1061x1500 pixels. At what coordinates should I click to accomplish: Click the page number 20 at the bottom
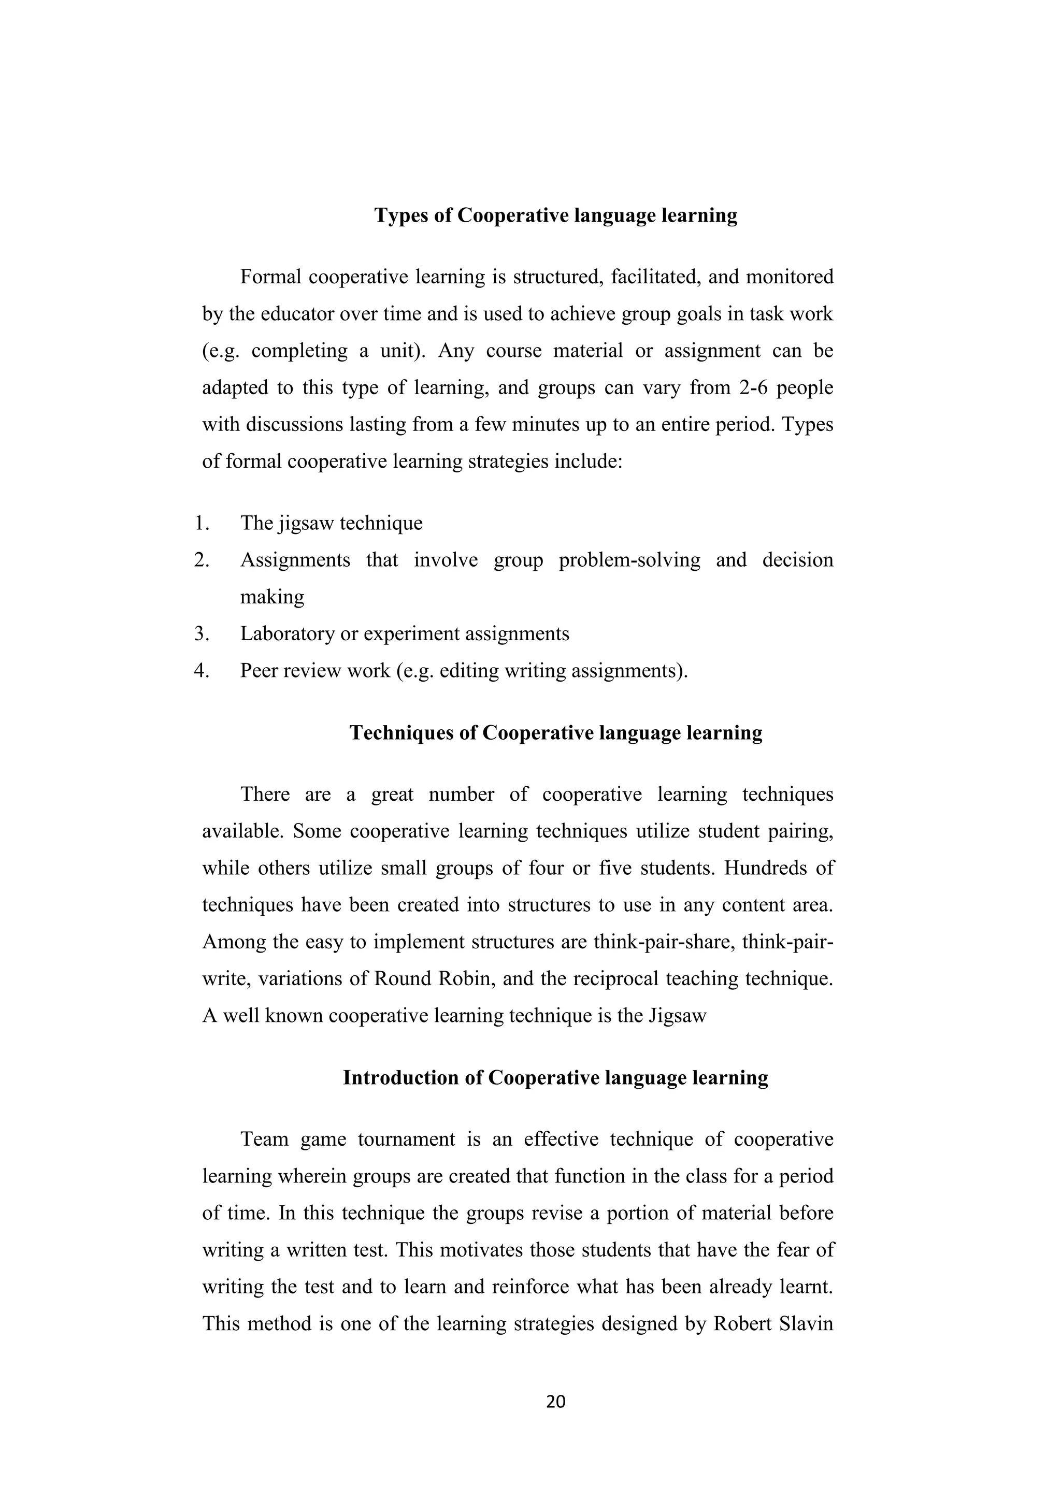[x=555, y=1402]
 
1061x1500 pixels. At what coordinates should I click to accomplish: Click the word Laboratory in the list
[x=288, y=633]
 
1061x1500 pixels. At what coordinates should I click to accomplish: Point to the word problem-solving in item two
[x=629, y=560]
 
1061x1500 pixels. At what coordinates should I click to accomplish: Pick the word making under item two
[x=272, y=597]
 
